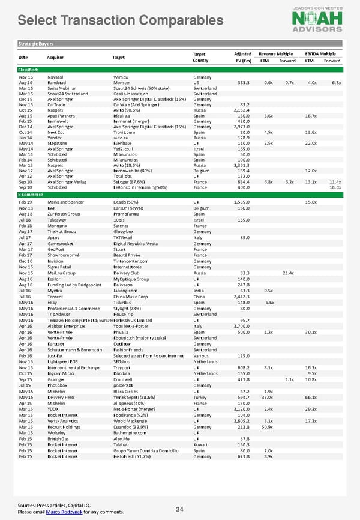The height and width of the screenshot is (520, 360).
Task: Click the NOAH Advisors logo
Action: (x=317, y=18)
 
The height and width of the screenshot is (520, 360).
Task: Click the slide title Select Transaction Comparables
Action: (x=121, y=20)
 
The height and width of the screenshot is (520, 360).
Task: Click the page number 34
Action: (x=179, y=510)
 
